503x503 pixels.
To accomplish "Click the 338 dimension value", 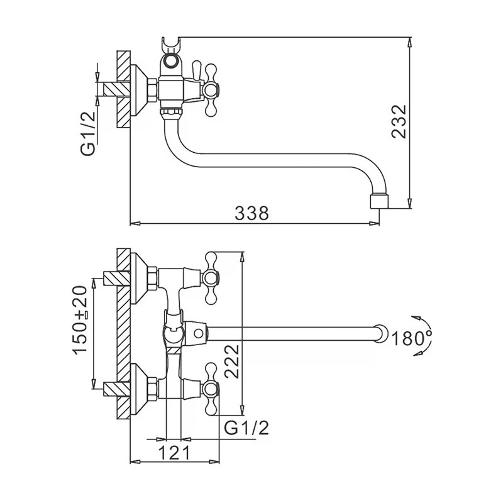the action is point(251,213).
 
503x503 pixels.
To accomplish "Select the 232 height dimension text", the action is point(399,121).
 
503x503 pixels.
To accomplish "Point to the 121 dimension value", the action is point(174,453).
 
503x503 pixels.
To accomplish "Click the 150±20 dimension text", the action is point(80,320).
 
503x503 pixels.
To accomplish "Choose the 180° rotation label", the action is point(412,338).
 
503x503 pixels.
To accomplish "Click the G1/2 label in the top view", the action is point(88,133).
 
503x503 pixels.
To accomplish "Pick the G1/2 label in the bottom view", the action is point(246,428).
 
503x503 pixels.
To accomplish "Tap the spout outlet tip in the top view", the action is point(379,201).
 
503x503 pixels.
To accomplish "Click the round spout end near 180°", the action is point(381,334).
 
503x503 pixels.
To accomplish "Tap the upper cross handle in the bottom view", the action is point(211,278).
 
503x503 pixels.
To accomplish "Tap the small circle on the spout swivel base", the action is point(199,334).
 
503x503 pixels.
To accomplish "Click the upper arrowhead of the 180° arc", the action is point(416,319).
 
